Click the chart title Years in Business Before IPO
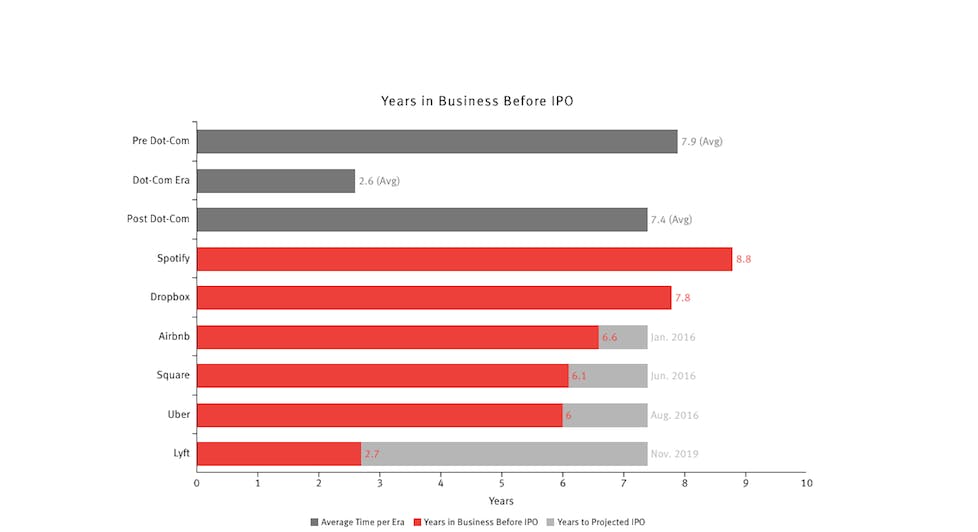pos(476,101)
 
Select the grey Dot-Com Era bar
pos(275,180)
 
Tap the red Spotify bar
pos(463,259)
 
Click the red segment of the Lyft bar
pos(278,453)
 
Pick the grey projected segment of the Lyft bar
pos(504,453)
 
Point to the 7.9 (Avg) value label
pos(701,142)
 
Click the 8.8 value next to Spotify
pos(743,259)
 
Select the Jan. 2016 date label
pos(673,337)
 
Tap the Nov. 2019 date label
pos(674,454)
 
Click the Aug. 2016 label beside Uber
pos(674,415)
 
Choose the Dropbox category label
pos(168,298)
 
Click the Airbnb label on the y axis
pos(171,337)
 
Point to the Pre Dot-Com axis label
pos(161,141)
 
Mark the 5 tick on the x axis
pos(502,483)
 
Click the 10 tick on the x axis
pos(806,483)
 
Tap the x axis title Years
pos(501,500)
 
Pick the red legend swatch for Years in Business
pos(418,522)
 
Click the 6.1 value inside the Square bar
pos(579,376)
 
